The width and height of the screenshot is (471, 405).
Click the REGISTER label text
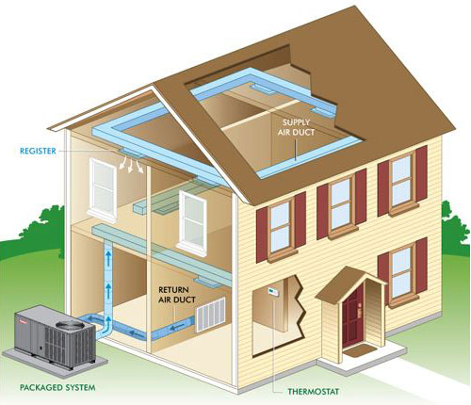[38, 151]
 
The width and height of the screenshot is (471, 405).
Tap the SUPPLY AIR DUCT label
[296, 127]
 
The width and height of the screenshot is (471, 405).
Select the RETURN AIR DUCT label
[176, 295]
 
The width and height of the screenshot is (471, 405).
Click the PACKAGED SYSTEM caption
[57, 387]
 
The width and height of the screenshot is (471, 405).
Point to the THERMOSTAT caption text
[314, 392]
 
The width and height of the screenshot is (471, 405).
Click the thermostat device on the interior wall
[272, 291]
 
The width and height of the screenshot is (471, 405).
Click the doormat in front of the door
[360, 350]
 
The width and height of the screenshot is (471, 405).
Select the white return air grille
[211, 315]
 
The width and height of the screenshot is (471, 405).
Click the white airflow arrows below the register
[131, 165]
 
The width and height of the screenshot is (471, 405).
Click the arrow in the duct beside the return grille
[178, 328]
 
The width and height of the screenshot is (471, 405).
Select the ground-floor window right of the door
[402, 272]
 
